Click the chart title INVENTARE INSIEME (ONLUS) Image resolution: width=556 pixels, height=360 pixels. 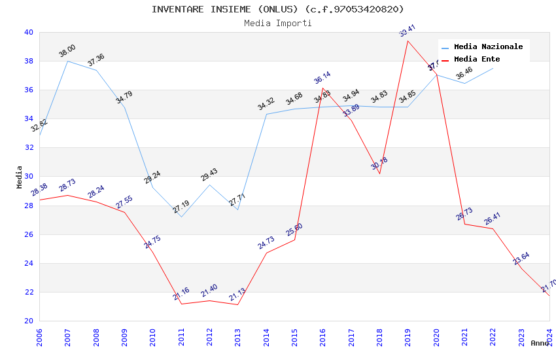click(277, 9)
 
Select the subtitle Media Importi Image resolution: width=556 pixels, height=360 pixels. click(277, 23)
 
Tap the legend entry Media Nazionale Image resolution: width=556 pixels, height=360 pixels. click(488, 47)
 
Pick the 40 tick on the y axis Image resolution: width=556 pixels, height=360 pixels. click(28, 32)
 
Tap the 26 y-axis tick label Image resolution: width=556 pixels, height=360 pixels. click(28, 234)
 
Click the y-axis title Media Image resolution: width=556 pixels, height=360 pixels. click(20, 177)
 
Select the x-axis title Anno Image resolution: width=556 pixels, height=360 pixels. click(540, 343)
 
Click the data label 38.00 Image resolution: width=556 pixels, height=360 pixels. click(67, 51)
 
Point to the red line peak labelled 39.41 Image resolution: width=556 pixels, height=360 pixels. click(408, 41)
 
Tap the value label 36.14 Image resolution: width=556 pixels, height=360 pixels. click(322, 78)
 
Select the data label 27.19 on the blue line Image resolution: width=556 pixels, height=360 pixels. click(181, 207)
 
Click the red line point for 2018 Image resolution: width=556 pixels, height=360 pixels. click(379, 173)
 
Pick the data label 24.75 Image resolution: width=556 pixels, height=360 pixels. click(152, 242)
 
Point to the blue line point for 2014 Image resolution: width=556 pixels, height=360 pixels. click(266, 114)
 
